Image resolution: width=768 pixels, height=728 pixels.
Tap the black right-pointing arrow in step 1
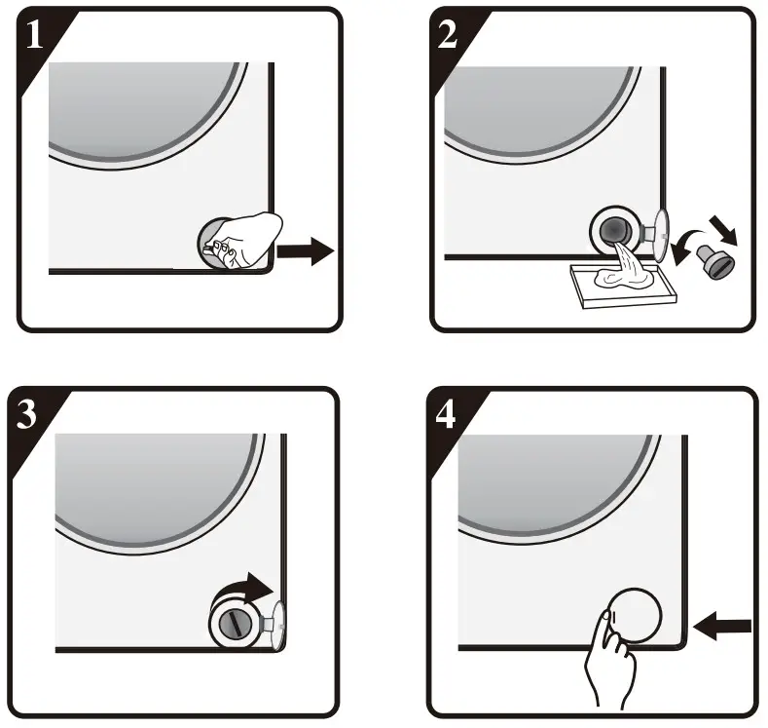point(306,251)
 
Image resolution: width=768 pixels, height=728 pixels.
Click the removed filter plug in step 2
point(720,260)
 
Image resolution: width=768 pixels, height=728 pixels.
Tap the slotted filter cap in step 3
point(234,622)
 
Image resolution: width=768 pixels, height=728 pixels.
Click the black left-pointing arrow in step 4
point(726,625)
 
